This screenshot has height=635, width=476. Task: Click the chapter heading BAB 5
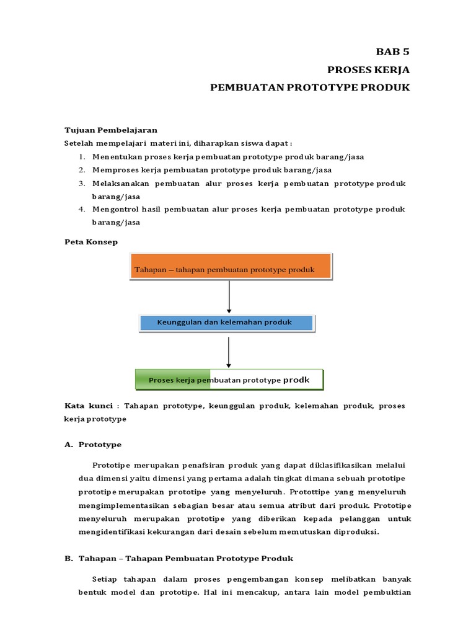(x=394, y=51)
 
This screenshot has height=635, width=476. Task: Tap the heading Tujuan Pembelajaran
(x=111, y=130)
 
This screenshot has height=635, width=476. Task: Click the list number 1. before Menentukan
(x=82, y=156)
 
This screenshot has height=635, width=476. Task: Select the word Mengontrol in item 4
(x=115, y=210)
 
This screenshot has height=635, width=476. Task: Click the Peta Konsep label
(x=91, y=241)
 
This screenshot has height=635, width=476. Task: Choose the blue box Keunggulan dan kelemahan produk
(x=227, y=322)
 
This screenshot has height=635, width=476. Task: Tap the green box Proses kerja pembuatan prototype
(x=229, y=380)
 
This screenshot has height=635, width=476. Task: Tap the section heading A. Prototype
(x=93, y=445)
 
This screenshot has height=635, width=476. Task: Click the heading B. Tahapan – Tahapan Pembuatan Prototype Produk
(x=178, y=558)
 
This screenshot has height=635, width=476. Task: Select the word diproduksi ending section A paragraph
(x=356, y=531)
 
